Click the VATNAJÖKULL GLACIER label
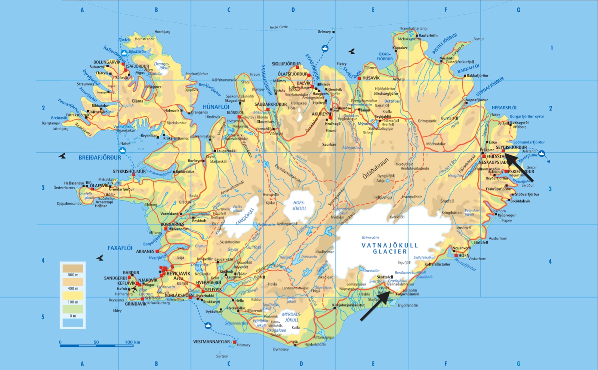[389, 249]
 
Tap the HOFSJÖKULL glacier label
[299, 206]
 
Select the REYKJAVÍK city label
[178, 274]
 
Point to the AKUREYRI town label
[321, 114]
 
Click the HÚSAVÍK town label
[371, 78]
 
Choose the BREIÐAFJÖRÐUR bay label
[99, 158]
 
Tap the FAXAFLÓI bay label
[120, 248]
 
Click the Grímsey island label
[324, 32]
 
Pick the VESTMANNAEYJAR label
[211, 342]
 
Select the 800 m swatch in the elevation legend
[73, 269]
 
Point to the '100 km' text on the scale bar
[132, 342]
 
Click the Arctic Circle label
[278, 27]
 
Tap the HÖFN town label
[463, 256]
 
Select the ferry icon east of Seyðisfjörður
[542, 153]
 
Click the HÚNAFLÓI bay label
[216, 107]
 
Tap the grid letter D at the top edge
[293, 10]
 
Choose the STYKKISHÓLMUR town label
[129, 172]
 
